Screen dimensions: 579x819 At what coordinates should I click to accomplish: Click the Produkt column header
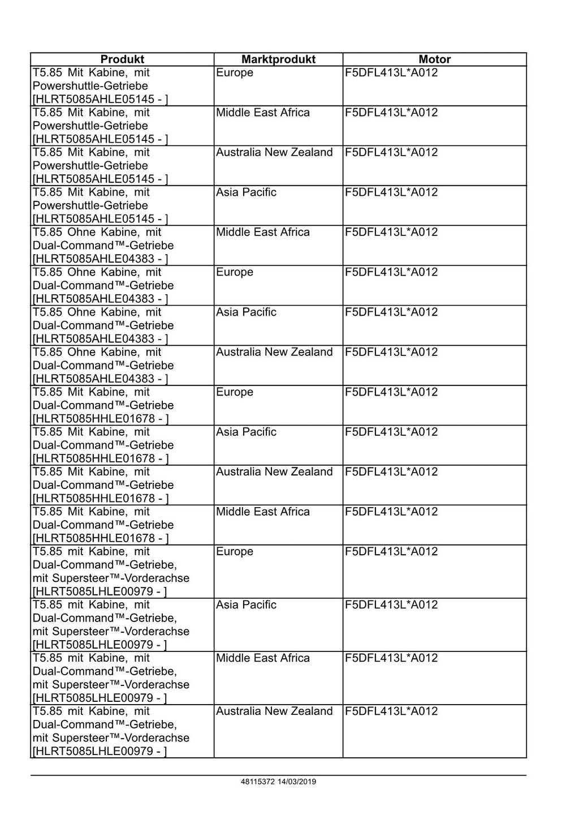tap(122, 59)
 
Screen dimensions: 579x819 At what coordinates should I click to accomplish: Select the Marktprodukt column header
tap(278, 59)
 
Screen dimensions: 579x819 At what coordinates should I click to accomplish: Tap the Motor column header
tap(434, 59)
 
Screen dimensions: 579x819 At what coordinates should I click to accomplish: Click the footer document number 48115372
tap(257, 782)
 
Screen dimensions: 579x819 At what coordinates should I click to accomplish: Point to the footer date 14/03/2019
tap(297, 782)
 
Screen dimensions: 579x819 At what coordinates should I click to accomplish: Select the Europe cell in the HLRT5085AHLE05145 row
tap(235, 73)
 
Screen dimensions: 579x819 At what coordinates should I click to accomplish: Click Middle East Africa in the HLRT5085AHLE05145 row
tap(263, 113)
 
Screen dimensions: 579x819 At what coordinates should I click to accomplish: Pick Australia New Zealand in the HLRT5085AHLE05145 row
tap(274, 152)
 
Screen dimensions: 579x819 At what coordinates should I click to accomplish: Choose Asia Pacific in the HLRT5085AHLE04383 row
tap(246, 312)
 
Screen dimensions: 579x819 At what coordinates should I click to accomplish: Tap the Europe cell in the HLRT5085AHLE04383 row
tap(235, 272)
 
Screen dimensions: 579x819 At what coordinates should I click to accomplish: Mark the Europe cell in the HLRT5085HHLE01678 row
tap(235, 392)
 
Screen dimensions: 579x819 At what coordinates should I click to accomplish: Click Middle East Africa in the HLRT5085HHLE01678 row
tap(263, 512)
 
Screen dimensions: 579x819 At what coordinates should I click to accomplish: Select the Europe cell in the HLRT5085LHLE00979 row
tap(235, 551)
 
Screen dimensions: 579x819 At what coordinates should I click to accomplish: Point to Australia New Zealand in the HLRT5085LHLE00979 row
tap(274, 711)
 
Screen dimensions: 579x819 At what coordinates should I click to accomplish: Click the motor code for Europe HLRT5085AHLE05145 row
tap(391, 73)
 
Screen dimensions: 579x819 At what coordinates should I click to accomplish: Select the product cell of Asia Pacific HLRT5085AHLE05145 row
tap(100, 205)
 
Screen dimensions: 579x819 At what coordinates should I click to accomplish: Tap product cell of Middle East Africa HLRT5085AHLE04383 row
tap(103, 246)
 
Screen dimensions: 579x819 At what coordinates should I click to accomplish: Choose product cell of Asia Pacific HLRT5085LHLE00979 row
tap(111, 624)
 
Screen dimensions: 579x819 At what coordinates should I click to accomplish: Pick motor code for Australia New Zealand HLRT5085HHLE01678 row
tap(391, 472)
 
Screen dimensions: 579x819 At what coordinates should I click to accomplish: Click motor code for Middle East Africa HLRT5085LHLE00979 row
tap(391, 658)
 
